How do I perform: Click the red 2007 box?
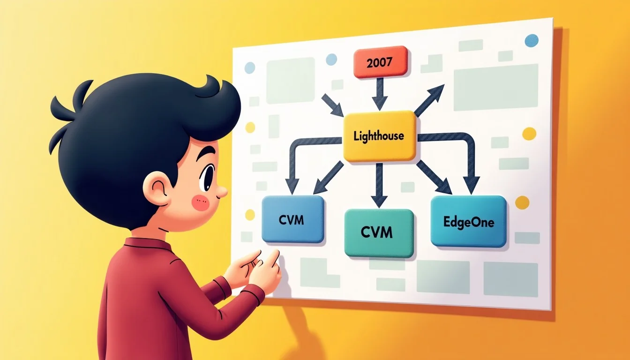[x=380, y=62]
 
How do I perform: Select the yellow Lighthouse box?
[x=379, y=136]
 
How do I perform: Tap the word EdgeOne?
[x=469, y=223]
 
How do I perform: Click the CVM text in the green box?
[x=376, y=232]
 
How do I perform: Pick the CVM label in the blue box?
[x=292, y=220]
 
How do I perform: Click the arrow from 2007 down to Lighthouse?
[x=380, y=94]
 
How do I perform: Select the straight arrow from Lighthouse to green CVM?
[x=379, y=185]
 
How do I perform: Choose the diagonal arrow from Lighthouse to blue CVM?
[x=329, y=178]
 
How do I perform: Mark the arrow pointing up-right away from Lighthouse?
[x=429, y=100]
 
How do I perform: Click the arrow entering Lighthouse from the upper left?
[x=332, y=105]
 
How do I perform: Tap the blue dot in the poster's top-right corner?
[x=532, y=40]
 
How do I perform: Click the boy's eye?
[x=208, y=177]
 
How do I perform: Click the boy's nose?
[x=222, y=192]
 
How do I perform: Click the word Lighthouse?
[x=379, y=136]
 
